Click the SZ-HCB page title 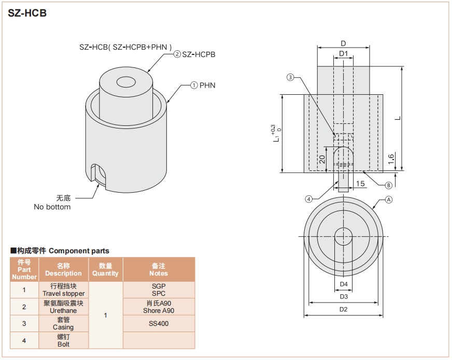click(27, 13)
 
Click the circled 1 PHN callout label click(203, 85)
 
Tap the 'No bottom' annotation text click(52, 207)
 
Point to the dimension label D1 click(343, 54)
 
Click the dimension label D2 click(343, 309)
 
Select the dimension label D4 click(343, 284)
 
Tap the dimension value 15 click(360, 183)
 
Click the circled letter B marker click(388, 185)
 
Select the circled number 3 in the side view click(290, 78)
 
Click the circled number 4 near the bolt click(308, 198)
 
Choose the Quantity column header click(106, 269)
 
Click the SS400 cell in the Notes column click(159, 324)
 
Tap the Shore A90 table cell click(159, 311)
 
